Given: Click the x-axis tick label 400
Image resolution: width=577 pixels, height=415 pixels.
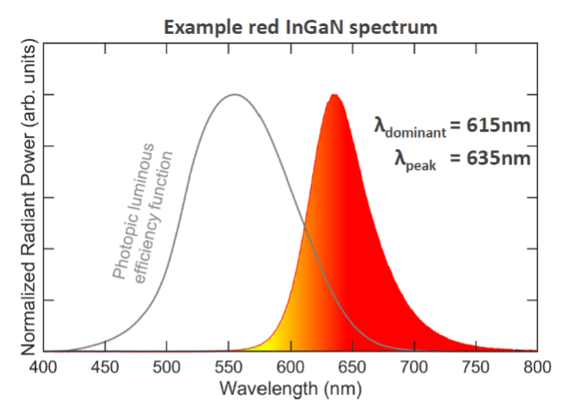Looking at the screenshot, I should point(43,366).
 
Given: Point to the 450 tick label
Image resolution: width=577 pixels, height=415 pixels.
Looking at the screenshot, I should point(105,366).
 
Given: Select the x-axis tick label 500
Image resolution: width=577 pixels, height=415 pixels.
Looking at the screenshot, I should point(166,366).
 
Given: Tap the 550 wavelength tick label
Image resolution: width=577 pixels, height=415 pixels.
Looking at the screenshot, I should point(229,366).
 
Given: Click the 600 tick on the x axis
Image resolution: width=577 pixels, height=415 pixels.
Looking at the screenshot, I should point(290,366).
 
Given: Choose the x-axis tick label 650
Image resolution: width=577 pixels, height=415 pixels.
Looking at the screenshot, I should point(353,366).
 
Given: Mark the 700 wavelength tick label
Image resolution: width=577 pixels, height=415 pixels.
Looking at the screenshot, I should point(414,366).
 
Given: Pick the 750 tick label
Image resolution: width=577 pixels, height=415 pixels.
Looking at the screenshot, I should point(476,366).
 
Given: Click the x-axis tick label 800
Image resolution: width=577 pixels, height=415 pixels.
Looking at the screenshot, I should point(537,366).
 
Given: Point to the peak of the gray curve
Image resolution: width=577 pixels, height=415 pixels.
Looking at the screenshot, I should point(234,94).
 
